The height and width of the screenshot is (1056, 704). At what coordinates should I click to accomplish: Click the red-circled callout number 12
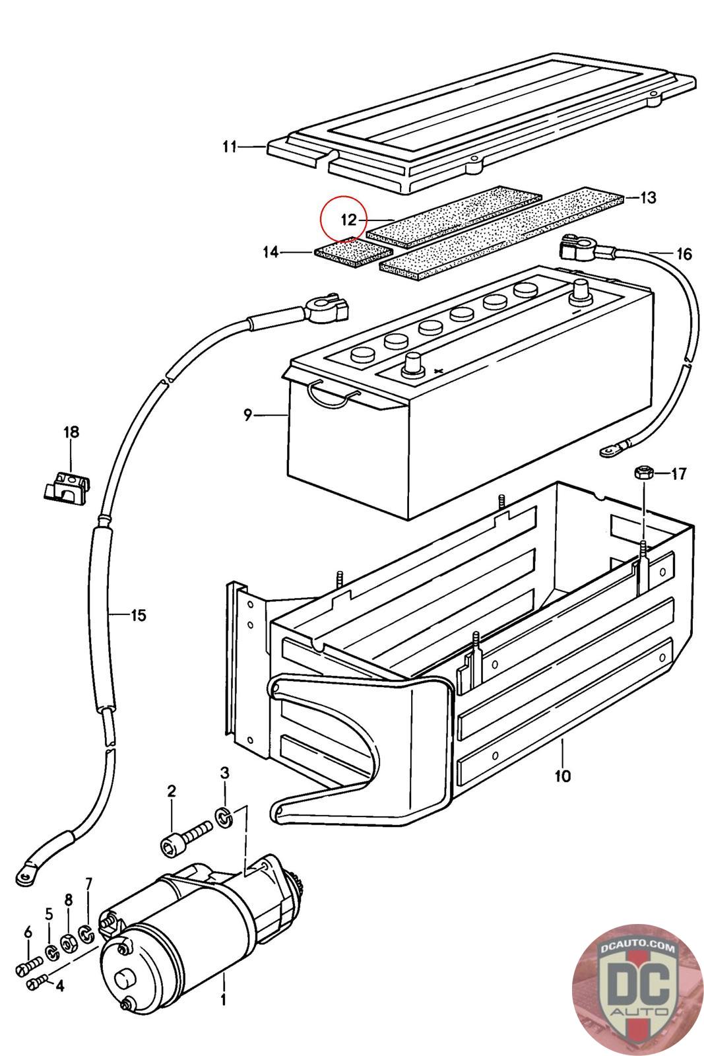point(348,220)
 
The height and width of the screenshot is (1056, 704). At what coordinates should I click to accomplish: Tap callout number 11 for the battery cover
point(229,147)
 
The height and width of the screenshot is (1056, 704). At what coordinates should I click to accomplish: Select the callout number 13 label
point(648,197)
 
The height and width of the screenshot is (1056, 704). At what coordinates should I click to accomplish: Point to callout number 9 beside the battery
point(248,415)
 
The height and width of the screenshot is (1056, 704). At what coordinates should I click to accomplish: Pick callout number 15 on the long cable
point(138,616)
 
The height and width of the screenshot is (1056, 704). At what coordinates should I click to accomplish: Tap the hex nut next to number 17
point(643,473)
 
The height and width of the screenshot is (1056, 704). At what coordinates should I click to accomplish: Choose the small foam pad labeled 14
point(354,255)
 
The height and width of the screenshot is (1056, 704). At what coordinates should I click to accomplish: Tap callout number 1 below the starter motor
point(223,1001)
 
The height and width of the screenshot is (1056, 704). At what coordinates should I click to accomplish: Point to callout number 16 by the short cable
point(684,253)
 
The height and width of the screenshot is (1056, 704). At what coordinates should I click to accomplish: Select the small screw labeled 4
point(35,984)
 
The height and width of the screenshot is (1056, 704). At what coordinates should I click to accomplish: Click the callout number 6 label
point(28,933)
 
